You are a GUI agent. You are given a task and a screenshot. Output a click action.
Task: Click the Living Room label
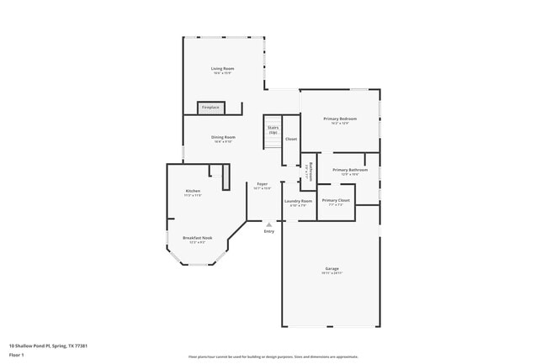(223, 68)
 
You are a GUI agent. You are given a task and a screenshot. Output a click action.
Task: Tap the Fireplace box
(210, 108)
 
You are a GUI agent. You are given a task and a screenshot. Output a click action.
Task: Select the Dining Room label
(223, 137)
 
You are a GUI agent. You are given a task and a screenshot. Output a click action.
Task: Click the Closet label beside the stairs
(291, 139)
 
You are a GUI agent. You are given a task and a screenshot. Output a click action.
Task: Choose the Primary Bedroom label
(340, 119)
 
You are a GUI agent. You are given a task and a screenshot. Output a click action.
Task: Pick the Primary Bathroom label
(350, 171)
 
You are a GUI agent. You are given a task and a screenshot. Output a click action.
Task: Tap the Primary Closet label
(336, 201)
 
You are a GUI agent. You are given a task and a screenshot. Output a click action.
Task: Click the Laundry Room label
(299, 201)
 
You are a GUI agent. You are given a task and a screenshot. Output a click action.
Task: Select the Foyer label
(263, 184)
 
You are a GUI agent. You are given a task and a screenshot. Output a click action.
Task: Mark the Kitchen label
(193, 192)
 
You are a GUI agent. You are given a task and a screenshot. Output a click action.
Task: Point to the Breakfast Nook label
(198, 238)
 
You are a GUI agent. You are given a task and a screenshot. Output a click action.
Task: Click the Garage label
(332, 269)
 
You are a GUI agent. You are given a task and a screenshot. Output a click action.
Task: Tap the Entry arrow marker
(268, 224)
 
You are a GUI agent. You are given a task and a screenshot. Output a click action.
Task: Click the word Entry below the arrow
(269, 231)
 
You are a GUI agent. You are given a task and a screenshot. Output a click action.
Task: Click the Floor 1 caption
(17, 355)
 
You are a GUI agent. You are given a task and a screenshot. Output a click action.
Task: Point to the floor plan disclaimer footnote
(273, 357)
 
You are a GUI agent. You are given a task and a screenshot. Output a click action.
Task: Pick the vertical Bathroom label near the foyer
(311, 171)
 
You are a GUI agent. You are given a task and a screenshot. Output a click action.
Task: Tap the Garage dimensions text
(332, 274)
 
